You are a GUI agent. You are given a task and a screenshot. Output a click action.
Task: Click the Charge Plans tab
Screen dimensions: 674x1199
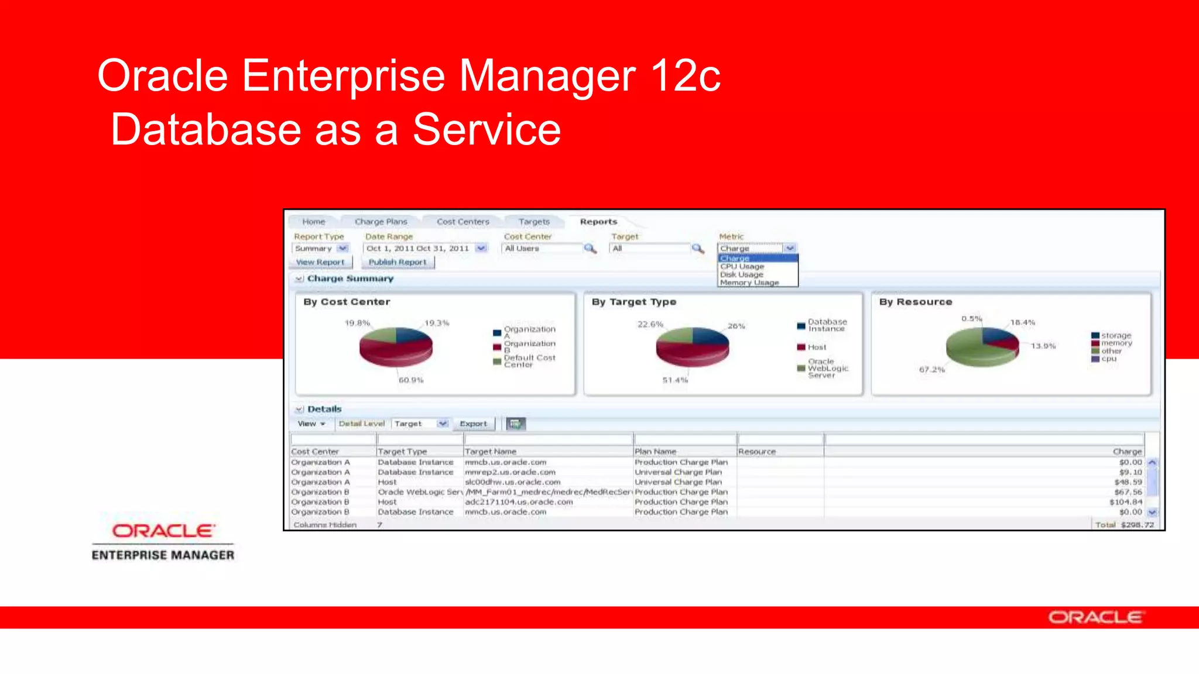coord(381,222)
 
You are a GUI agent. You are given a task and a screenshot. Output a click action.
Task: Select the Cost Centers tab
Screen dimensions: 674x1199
coord(463,222)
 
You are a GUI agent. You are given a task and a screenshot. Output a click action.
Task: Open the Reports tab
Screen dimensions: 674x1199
coord(598,222)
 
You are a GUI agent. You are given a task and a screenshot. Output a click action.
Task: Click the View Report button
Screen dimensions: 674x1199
coord(320,262)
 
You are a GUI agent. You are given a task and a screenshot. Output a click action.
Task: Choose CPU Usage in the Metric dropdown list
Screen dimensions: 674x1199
coord(742,267)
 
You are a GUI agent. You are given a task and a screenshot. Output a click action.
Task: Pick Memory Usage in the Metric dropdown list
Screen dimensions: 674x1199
coord(749,283)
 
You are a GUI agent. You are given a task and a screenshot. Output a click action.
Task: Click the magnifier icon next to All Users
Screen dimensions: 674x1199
coord(590,249)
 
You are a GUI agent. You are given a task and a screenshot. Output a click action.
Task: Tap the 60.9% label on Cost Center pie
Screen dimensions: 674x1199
coord(411,380)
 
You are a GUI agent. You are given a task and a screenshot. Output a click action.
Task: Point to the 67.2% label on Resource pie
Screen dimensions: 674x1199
coord(931,370)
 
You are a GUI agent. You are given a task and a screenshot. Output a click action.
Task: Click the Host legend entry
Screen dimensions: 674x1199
coord(816,347)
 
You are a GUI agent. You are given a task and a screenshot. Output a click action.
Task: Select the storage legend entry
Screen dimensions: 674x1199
coord(1115,335)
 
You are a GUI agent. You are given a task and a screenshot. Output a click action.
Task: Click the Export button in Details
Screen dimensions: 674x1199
coord(473,424)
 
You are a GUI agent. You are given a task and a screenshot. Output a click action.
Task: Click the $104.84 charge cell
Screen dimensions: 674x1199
coord(1125,502)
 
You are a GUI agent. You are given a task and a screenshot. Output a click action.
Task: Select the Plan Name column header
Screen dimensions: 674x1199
coord(655,452)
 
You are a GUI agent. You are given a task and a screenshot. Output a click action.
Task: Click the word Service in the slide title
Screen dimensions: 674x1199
coord(487,130)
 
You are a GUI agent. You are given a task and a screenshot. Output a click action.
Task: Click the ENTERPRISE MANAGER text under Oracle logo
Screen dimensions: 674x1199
coord(163,555)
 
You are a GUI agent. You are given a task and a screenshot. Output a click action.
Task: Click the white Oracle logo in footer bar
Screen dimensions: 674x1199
coord(1095,618)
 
